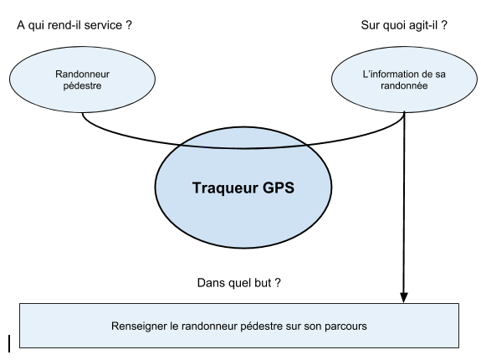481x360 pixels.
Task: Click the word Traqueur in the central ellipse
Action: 226,188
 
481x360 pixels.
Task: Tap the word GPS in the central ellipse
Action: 279,188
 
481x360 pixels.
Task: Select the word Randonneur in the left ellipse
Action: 82,74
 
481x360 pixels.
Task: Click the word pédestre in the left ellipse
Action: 82,85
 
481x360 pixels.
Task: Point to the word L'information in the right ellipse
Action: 387,74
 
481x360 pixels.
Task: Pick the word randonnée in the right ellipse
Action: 404,85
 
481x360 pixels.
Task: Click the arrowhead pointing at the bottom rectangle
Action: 404,297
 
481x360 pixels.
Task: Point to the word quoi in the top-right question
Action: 390,25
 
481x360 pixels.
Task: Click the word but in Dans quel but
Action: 263,283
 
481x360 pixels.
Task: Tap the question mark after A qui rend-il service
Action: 129,25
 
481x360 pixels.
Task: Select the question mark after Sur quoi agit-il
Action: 444,25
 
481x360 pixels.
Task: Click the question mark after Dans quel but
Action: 278,283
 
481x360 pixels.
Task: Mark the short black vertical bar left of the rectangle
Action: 9,344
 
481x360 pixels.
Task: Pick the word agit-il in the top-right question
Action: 420,25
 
